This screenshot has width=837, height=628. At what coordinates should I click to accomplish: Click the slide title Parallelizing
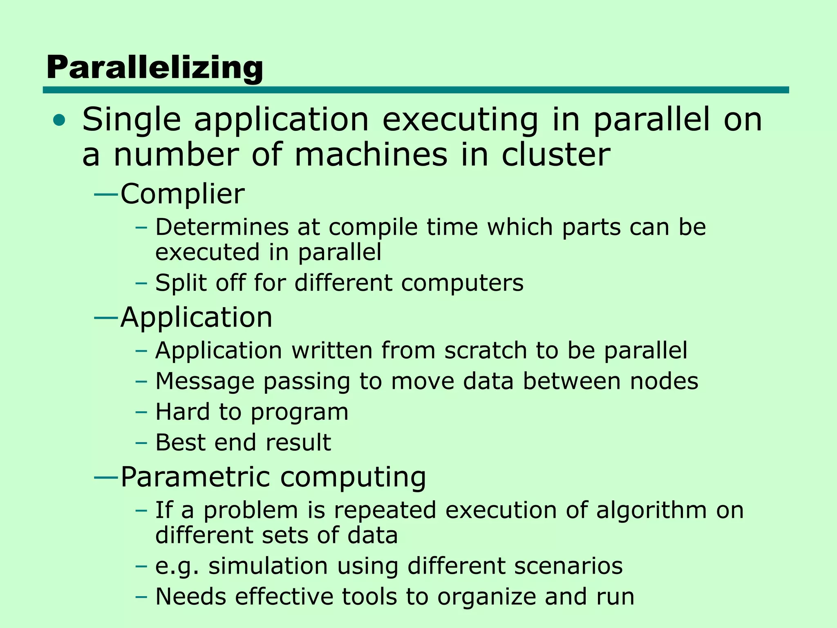pyautogui.click(x=154, y=68)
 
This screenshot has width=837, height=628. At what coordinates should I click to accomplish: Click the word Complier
pyautogui.click(x=182, y=194)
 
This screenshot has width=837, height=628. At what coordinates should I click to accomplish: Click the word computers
pyautogui.click(x=462, y=283)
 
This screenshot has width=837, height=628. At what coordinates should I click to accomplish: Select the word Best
pyautogui.click(x=180, y=442)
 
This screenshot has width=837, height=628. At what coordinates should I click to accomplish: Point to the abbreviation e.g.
pyautogui.click(x=177, y=566)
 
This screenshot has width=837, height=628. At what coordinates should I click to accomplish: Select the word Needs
pyautogui.click(x=190, y=596)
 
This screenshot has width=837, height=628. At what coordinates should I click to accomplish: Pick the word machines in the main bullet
pyautogui.click(x=371, y=155)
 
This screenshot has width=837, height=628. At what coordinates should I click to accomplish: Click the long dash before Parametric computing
pyautogui.click(x=106, y=477)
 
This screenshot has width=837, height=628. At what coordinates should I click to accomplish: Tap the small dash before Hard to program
pyautogui.click(x=141, y=412)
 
